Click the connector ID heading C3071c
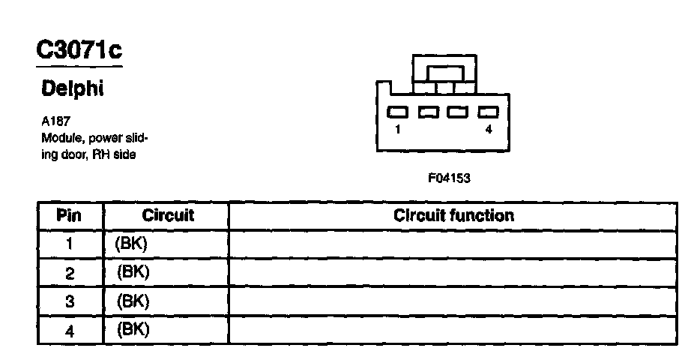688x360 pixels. point(79,50)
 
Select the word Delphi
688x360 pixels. point(72,88)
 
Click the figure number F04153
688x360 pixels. point(450,178)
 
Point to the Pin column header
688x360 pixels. point(69,216)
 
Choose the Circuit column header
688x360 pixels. point(167,216)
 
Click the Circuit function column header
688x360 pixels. point(454,216)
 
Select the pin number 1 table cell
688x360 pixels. point(69,244)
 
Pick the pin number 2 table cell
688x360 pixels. point(69,273)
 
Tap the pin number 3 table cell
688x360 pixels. point(69,301)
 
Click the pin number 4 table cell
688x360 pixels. point(69,330)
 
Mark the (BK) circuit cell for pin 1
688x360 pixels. point(133,244)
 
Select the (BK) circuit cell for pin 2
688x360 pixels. point(133,272)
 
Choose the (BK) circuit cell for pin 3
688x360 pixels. point(133,301)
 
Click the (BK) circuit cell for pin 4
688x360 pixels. point(133,329)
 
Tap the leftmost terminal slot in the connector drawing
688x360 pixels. point(397,112)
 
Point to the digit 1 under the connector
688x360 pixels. point(396,130)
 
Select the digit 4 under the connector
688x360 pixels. point(489,130)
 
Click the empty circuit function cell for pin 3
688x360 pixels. point(454,301)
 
